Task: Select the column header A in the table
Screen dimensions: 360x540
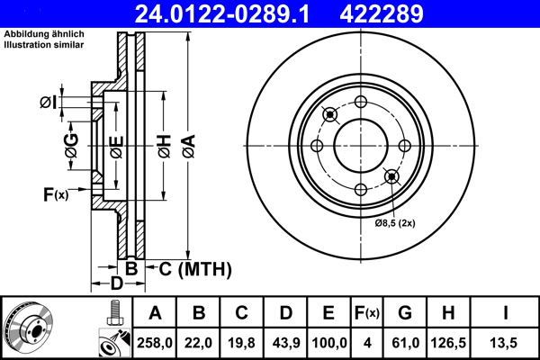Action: point(155,313)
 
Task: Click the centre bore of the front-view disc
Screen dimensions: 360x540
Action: point(360,145)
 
